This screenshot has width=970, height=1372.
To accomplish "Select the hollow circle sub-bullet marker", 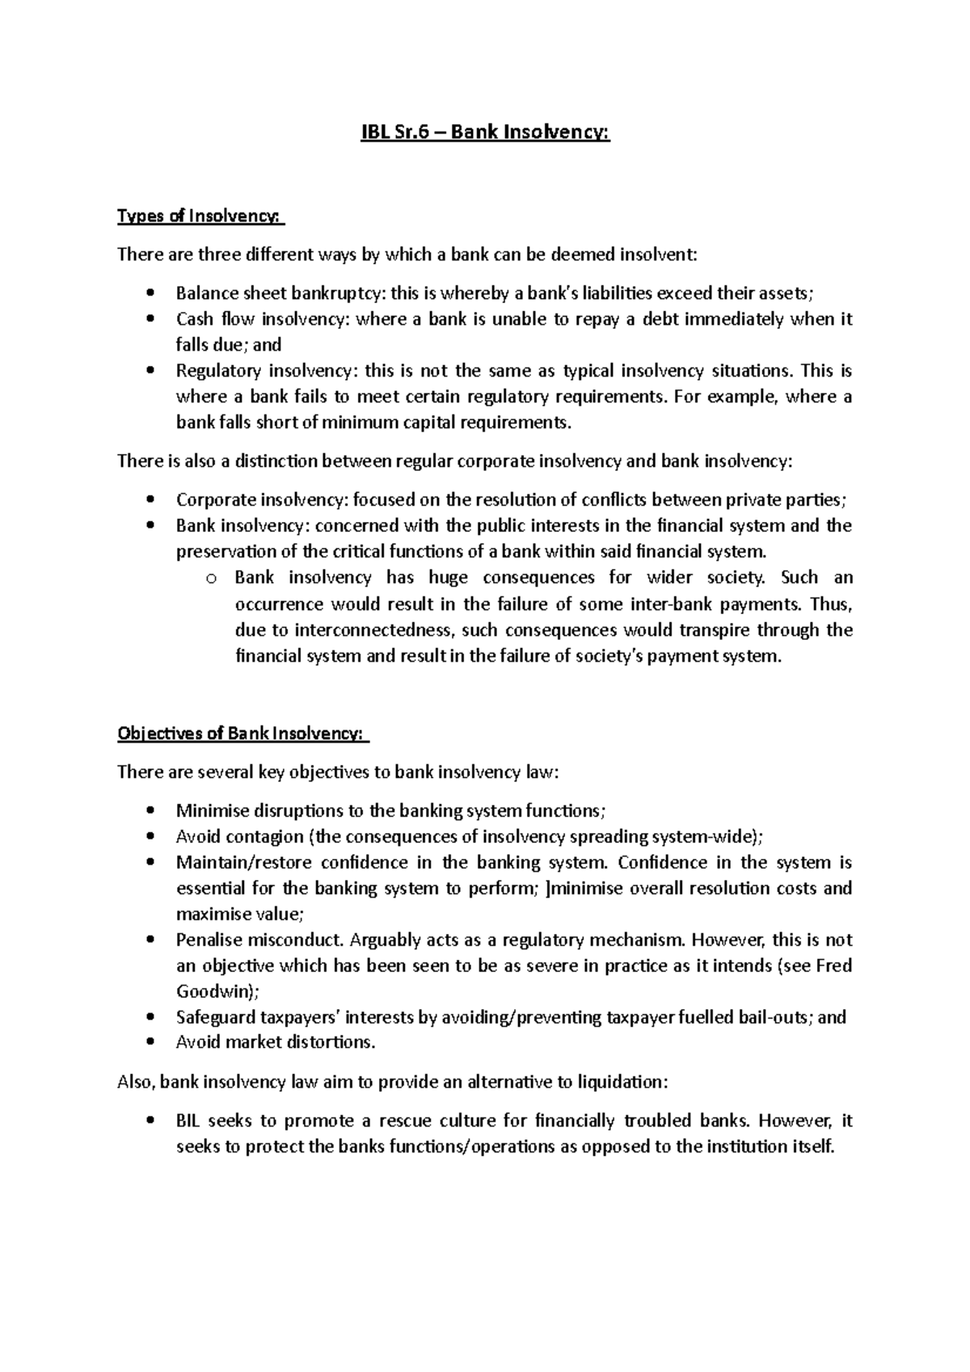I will tap(211, 579).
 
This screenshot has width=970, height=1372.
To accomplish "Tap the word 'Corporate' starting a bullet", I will tap(213, 500).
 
